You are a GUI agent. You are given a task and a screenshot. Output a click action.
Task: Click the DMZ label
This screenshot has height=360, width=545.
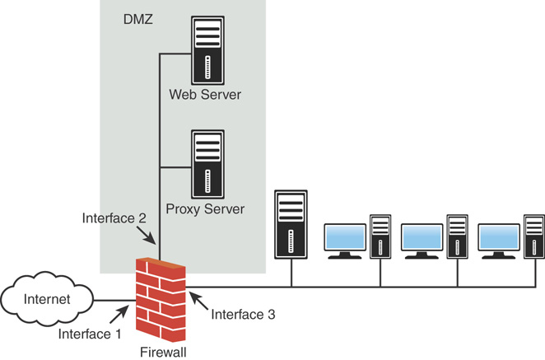(x=138, y=19)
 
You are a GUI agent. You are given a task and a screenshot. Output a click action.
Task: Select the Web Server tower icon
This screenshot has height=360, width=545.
(x=207, y=50)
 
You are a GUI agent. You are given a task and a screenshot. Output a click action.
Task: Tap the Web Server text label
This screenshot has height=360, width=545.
(x=205, y=95)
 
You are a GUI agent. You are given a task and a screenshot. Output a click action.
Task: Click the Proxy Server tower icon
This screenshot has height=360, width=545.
(x=207, y=164)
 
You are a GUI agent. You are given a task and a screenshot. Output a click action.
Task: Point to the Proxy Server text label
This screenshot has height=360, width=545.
(x=205, y=209)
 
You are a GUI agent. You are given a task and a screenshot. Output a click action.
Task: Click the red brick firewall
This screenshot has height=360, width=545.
(x=161, y=300)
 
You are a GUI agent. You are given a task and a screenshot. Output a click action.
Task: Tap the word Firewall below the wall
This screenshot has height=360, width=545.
(x=163, y=352)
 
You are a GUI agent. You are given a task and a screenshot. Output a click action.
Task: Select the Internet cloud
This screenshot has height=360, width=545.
(x=47, y=299)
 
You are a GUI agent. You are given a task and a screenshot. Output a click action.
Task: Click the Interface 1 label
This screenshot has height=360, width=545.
(x=90, y=334)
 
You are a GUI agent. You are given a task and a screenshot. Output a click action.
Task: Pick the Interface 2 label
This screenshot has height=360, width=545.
(x=114, y=218)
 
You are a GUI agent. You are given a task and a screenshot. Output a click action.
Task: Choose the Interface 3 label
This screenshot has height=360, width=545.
(x=243, y=315)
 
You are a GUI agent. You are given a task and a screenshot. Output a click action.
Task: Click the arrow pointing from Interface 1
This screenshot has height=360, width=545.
(x=119, y=314)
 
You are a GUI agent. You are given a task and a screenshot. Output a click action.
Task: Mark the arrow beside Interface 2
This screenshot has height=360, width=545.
(x=146, y=236)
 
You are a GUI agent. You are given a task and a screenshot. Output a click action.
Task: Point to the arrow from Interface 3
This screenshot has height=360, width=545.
(x=198, y=301)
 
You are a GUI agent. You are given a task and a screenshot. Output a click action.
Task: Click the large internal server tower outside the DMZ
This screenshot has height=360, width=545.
(x=291, y=224)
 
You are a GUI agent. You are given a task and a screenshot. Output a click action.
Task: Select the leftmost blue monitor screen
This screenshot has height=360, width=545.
(x=345, y=237)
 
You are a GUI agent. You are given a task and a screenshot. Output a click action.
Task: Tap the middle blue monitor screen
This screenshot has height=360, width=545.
(x=422, y=237)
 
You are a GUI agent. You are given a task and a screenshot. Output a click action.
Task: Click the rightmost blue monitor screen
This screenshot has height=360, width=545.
(x=499, y=237)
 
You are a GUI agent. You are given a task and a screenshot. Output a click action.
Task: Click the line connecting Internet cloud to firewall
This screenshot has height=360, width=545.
(x=114, y=300)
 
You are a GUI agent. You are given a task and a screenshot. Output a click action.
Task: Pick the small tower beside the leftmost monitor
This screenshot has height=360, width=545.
(x=380, y=236)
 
